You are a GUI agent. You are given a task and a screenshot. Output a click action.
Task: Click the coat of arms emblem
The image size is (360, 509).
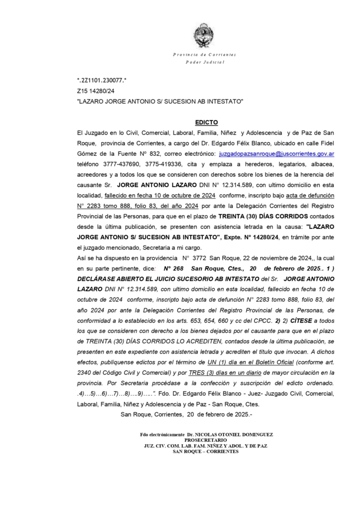pyautogui.click(x=204, y=36)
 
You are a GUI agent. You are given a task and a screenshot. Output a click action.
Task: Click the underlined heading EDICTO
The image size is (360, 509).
pyautogui.click(x=206, y=122)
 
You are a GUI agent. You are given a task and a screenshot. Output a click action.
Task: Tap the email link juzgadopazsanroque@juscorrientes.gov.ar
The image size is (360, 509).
pyautogui.click(x=276, y=154)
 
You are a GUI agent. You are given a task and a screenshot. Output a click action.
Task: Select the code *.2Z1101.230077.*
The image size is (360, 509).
pyautogui.click(x=102, y=80)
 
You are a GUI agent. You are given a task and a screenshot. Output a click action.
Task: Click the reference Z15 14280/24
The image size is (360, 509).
pyautogui.click(x=96, y=91)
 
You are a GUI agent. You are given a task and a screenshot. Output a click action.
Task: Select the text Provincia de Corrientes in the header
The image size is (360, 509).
pyautogui.click(x=205, y=55)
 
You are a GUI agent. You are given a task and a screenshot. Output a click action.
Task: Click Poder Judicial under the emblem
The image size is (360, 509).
pyautogui.click(x=205, y=62)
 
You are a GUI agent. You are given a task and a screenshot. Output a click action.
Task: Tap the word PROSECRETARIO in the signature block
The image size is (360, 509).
pyautogui.click(x=205, y=440)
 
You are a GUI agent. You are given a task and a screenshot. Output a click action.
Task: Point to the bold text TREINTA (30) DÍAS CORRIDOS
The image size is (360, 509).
pyautogui.click(x=263, y=216)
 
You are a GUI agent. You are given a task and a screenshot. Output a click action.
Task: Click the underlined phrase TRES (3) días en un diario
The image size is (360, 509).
pyautogui.click(x=225, y=373)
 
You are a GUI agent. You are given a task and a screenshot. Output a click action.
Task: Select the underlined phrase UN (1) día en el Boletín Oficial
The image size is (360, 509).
pyautogui.click(x=250, y=362)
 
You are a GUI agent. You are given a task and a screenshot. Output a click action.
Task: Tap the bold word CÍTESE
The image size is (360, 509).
pyautogui.click(x=301, y=321)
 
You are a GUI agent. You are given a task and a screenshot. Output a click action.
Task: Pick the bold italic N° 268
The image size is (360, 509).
pyautogui.click(x=173, y=269)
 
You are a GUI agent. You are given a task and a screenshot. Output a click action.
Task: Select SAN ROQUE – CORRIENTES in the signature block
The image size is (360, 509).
pyautogui.click(x=205, y=451)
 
